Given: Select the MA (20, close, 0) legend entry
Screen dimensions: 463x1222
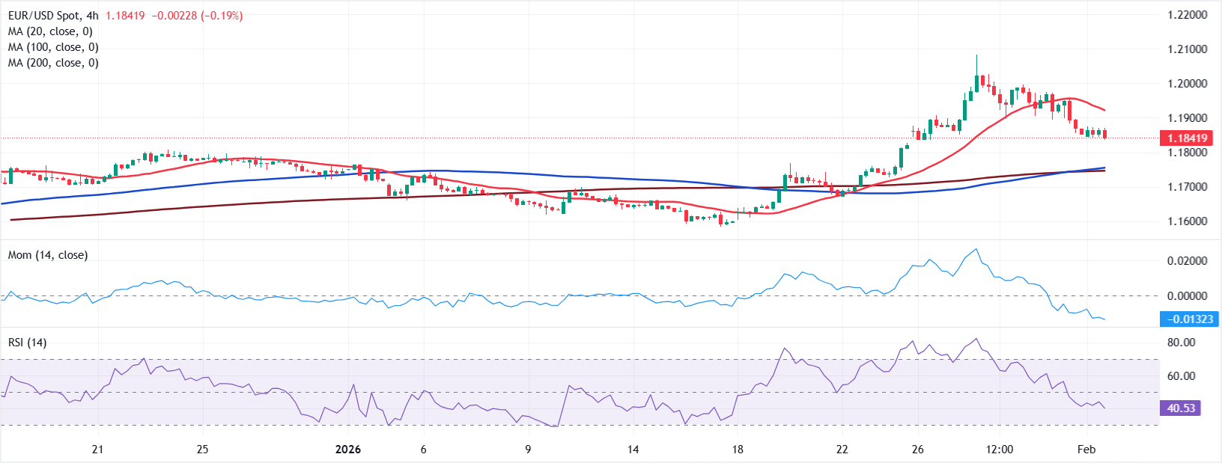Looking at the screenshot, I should (x=50, y=31).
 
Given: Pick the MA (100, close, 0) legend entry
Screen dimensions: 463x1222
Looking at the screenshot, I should (x=53, y=47).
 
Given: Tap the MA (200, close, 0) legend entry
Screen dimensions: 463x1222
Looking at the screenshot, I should (x=53, y=63).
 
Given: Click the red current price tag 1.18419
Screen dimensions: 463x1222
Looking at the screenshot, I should (x=1187, y=138).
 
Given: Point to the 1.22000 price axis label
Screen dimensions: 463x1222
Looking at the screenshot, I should (x=1187, y=15).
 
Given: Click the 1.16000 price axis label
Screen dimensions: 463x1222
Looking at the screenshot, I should (x=1187, y=221).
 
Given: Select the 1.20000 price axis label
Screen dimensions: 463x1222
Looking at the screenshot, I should (x=1187, y=84).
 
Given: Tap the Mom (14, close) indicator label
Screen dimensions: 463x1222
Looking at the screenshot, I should (x=48, y=255).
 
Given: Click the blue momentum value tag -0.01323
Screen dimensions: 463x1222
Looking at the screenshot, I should (x=1189, y=319).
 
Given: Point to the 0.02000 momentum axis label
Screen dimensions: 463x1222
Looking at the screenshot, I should (x=1187, y=261).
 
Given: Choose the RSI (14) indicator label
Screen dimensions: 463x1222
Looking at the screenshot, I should (x=27, y=343).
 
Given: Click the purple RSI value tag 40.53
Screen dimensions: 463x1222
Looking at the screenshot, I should (x=1181, y=408).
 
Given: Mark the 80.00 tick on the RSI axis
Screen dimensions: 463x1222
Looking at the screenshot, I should (x=1181, y=343).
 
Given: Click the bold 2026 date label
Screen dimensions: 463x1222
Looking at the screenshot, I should (x=347, y=450).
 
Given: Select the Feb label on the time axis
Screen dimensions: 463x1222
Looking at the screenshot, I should (x=1086, y=450).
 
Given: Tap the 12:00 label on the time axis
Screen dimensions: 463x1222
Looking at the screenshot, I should (x=1000, y=450).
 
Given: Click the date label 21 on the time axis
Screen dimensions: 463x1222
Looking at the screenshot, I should (x=97, y=450).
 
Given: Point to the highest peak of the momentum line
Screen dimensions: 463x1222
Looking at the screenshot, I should (x=976, y=249).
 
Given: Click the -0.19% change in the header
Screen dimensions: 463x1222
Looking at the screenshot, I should (x=222, y=16).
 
